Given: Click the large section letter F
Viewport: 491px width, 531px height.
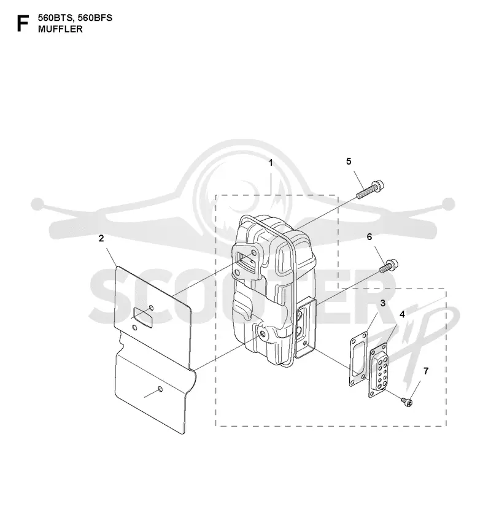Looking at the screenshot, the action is [22, 23].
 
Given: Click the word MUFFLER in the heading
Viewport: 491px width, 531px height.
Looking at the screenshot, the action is [60, 29].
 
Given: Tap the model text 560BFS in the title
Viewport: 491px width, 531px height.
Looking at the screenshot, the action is [95, 18].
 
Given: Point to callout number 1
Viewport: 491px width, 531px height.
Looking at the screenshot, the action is [271, 163].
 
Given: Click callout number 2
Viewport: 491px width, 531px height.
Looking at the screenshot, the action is [101, 238].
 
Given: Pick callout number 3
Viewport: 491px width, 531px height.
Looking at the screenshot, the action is [382, 303].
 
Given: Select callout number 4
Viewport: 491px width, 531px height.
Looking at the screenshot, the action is [402, 314].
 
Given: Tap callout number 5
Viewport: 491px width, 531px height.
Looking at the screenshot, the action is [349, 161].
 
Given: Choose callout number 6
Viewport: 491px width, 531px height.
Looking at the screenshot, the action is [369, 237].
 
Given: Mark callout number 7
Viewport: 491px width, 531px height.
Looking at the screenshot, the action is [426, 371].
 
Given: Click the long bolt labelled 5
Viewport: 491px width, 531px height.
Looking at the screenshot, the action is [371, 190].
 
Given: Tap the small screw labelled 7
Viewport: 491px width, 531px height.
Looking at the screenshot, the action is [407, 402].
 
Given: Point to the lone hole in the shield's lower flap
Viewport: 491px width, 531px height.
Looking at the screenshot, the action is [160, 389].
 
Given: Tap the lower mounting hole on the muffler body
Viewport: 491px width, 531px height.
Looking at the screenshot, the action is [263, 333].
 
